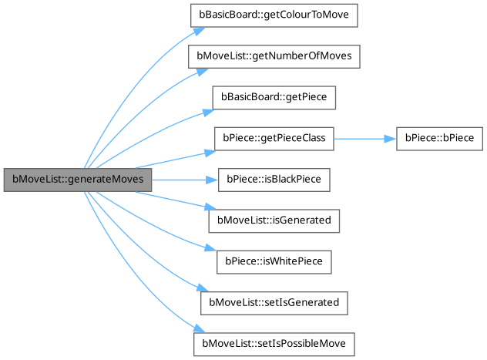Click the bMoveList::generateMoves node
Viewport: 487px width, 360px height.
77,180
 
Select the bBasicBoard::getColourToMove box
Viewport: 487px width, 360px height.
274,15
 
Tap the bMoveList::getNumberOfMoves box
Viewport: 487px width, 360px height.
274,57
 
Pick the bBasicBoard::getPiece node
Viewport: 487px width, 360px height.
274,98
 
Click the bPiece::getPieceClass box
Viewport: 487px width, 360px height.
274,139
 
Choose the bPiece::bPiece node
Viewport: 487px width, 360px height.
439,139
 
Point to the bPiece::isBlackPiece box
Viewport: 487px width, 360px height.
274,180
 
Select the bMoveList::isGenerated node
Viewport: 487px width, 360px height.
274,220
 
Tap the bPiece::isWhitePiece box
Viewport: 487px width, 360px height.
274,261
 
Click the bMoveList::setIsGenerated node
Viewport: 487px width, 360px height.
274,302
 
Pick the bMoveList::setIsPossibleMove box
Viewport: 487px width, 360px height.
274,343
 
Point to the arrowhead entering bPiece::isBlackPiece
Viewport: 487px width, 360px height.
213,180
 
